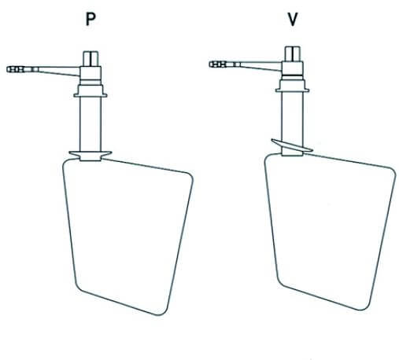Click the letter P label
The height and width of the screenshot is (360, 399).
click(91, 19)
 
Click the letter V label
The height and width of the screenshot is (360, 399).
click(293, 19)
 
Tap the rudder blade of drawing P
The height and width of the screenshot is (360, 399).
click(127, 236)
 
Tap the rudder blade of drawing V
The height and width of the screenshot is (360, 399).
click(330, 230)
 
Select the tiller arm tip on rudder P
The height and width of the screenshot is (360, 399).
click(8, 69)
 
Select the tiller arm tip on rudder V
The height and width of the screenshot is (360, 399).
click(210, 64)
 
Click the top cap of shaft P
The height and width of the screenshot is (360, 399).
click(91, 59)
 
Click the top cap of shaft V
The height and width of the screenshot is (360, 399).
click(293, 53)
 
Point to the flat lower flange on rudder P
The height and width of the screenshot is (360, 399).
click(91, 154)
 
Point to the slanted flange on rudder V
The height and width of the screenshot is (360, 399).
click(292, 145)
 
